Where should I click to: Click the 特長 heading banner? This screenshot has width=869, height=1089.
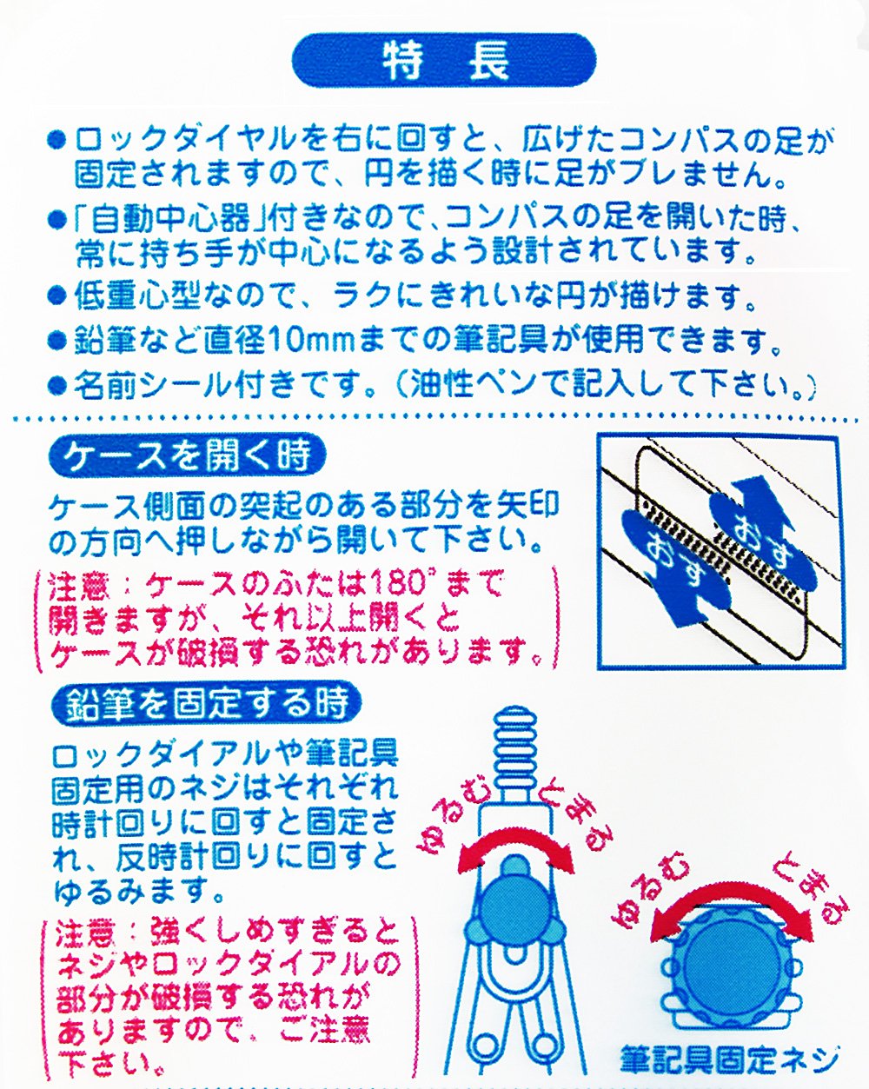point(443,61)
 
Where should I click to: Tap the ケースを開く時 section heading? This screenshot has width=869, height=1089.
point(187,457)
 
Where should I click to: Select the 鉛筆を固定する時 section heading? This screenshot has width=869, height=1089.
point(207,702)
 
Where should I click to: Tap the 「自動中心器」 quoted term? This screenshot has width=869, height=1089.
point(169,220)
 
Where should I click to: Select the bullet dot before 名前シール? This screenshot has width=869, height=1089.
point(56,387)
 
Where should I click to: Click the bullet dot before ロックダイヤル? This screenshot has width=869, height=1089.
point(56,140)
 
